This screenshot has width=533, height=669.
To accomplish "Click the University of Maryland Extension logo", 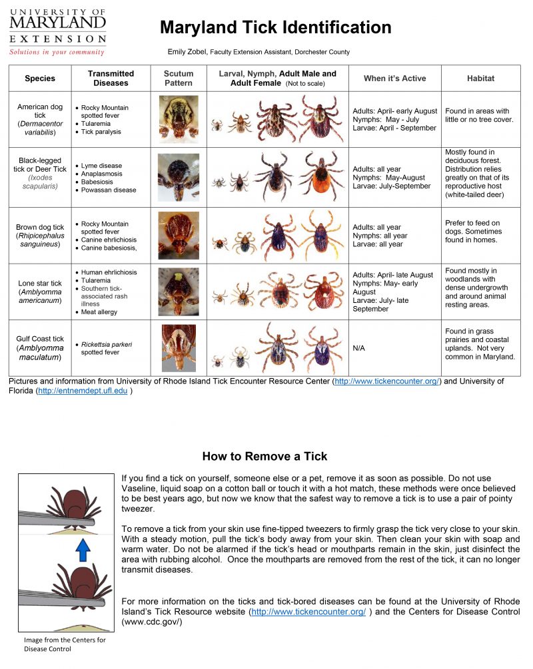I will pos(57,31).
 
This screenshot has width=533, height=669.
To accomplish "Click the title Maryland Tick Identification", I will pos(275,28).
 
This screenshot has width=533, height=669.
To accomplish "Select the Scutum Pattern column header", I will pos(178,79).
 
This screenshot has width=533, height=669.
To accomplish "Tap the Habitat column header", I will pos(480,79).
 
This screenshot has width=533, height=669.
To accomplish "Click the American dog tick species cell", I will pos(40,119).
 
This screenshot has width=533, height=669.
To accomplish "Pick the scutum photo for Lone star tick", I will pos(178,292).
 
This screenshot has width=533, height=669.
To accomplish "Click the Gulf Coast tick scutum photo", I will pos(178,347).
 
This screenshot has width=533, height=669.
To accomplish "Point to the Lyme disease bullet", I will pos(101,166).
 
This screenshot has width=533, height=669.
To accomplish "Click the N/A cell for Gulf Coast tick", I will pos(359,348).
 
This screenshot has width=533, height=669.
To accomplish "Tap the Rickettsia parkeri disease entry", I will pos(107,348).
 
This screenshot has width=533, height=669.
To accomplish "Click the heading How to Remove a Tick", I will pos(265,457).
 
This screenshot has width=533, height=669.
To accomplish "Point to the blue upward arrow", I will pos(82,551).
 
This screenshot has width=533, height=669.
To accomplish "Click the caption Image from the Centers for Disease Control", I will pos(65,644).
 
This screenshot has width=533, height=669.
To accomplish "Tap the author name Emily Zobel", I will pos(187,52).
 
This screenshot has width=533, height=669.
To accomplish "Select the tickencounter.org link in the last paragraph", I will pos(308,612).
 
